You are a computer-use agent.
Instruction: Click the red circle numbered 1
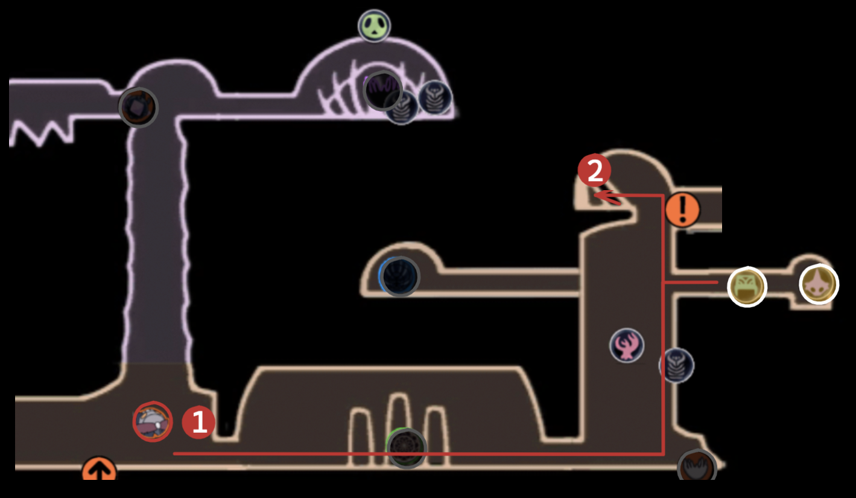click(198, 422)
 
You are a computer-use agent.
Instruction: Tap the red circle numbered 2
click(594, 171)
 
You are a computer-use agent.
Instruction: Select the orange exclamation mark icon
click(682, 210)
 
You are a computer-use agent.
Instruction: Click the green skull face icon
click(374, 26)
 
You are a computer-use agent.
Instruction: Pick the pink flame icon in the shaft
click(627, 346)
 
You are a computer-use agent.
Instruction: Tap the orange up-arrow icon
click(99, 470)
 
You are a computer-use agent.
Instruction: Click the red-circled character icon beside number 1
click(153, 421)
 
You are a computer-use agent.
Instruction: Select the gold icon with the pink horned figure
click(819, 284)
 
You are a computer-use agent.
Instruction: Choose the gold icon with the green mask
click(747, 287)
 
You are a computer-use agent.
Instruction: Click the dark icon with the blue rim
click(399, 276)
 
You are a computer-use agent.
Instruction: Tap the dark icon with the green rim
click(407, 449)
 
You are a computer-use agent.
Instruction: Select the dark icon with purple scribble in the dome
click(382, 90)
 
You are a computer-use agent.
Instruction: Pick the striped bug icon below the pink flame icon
click(676, 365)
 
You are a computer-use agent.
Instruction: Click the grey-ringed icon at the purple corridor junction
click(138, 107)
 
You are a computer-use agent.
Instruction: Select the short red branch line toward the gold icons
click(691, 282)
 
